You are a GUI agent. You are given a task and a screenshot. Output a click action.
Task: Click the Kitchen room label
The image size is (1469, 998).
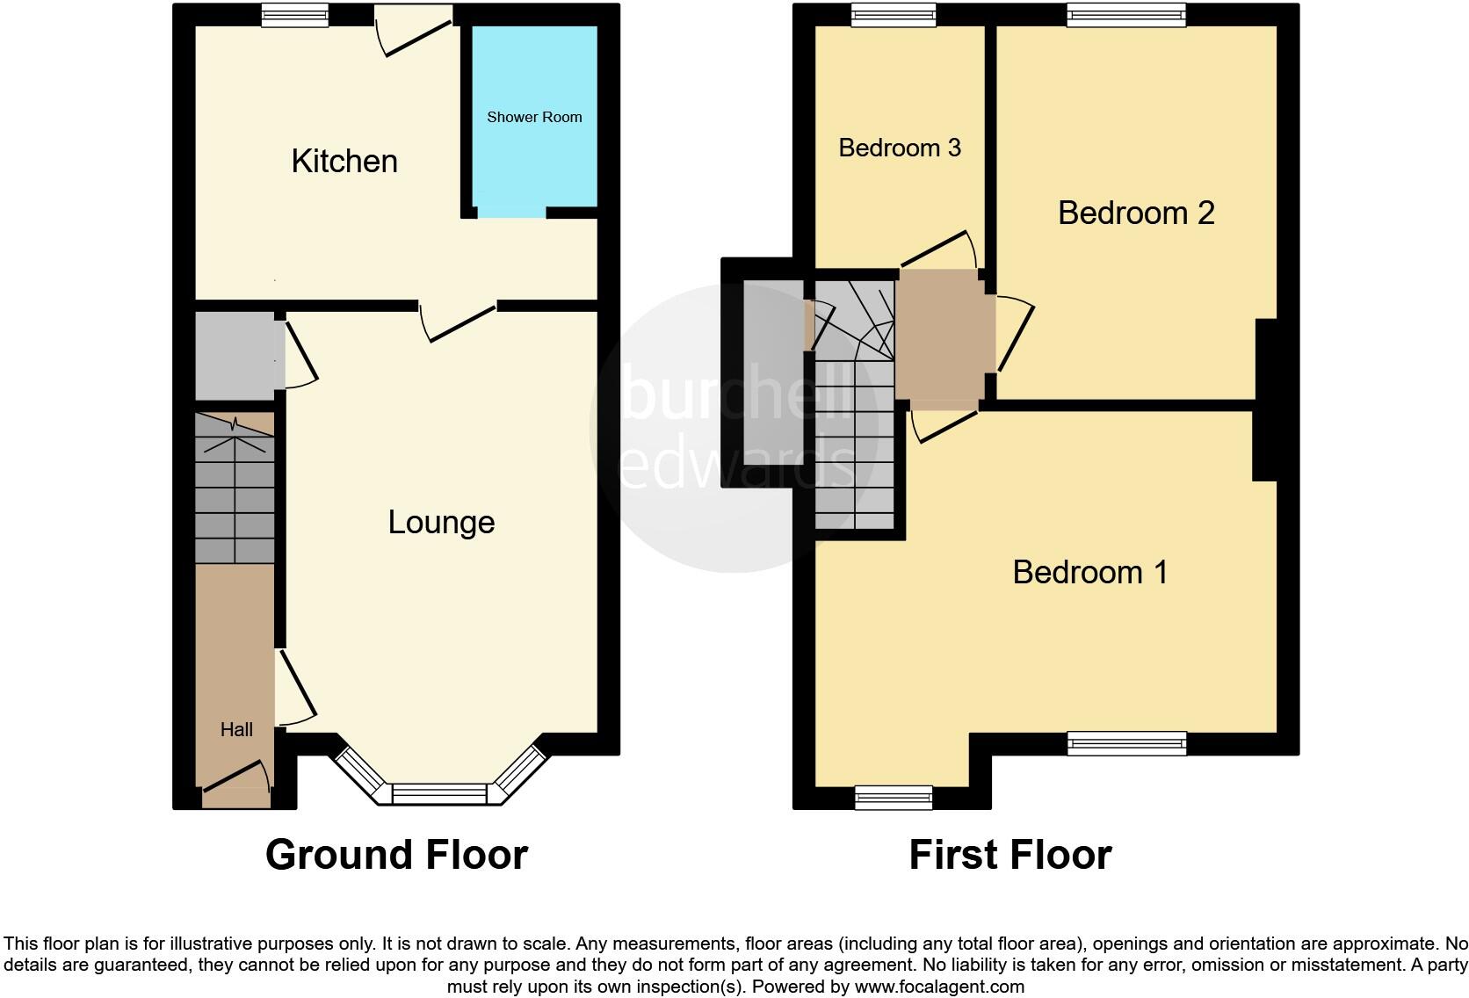344,162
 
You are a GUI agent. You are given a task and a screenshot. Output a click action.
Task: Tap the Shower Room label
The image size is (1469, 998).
534,117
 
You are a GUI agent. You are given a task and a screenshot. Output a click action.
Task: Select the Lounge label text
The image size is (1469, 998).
441,523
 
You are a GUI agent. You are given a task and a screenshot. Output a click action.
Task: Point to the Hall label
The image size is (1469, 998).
236,729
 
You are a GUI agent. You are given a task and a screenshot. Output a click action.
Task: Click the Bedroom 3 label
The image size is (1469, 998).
900,148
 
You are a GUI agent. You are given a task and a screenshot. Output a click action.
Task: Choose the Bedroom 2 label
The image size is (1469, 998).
1136,213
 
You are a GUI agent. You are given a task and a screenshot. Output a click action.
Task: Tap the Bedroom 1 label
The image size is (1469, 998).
1090,573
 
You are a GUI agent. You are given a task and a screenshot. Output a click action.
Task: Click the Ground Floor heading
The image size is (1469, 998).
396,854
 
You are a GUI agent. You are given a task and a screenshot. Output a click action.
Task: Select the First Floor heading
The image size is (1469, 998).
1010,854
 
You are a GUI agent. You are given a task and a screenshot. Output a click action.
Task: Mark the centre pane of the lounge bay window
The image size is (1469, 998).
438,794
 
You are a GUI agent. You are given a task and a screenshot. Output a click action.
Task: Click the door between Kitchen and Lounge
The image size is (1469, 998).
459,321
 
